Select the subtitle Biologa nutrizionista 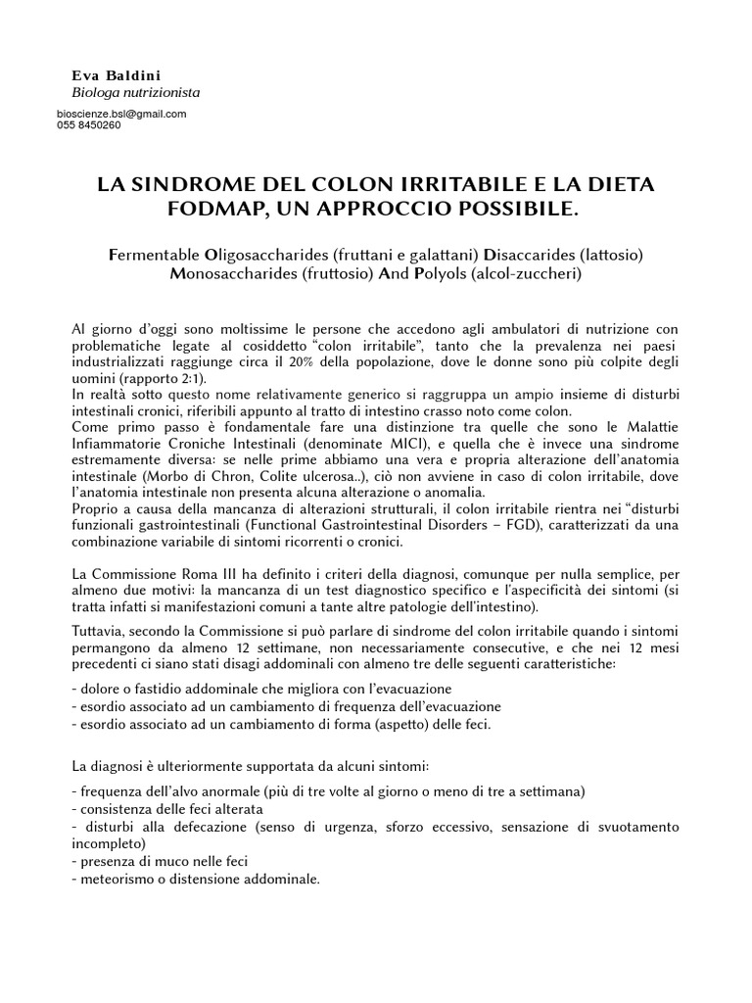(x=136, y=93)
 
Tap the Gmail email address (x=121, y=114)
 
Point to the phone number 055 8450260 (x=89, y=125)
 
